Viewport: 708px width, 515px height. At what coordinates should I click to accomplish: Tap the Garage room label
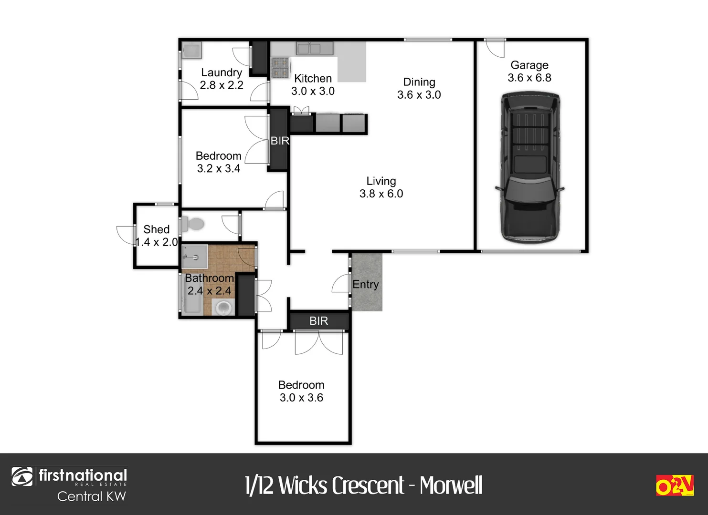click(529, 65)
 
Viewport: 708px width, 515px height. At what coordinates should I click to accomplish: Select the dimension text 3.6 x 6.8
click(529, 78)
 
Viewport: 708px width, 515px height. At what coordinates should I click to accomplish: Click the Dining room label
click(419, 82)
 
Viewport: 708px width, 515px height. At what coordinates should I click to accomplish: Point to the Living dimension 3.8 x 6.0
click(381, 194)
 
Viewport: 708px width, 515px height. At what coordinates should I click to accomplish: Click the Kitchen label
click(313, 78)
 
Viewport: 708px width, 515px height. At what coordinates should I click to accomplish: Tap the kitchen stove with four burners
click(280, 67)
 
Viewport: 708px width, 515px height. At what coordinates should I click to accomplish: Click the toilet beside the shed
click(193, 223)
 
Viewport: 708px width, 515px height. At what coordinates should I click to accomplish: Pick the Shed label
click(156, 229)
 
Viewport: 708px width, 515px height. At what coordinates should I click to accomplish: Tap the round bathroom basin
click(223, 308)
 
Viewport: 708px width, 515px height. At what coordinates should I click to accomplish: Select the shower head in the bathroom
click(193, 257)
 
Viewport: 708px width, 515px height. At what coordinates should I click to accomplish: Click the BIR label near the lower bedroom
click(318, 321)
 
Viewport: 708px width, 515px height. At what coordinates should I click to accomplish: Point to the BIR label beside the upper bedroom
click(280, 141)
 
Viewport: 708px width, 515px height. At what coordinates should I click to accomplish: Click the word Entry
click(366, 285)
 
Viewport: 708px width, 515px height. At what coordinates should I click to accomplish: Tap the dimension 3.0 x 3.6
click(301, 398)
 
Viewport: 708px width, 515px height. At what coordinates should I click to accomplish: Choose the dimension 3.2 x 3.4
click(218, 168)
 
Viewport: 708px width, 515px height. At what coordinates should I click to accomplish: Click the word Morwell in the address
click(451, 485)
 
